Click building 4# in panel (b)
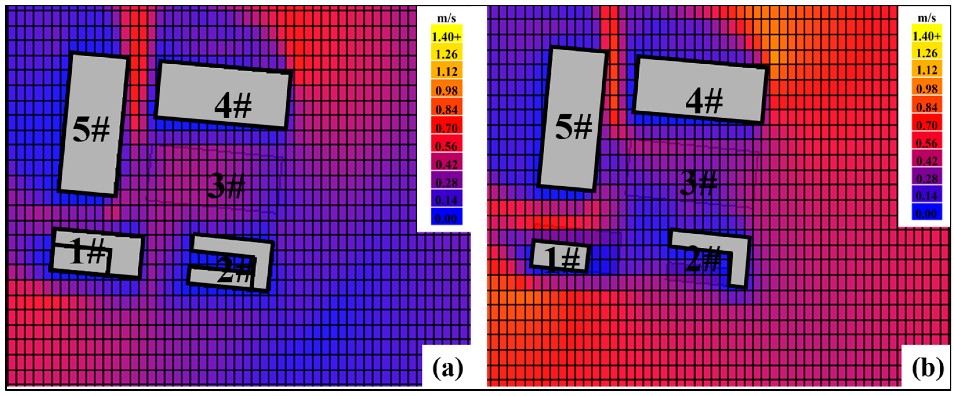(x=700, y=91)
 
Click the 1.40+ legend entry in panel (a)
(x=447, y=36)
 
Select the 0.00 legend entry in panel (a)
(x=447, y=218)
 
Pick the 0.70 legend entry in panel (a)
(x=447, y=128)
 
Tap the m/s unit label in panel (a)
(x=447, y=18)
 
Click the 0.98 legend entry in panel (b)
(x=926, y=88)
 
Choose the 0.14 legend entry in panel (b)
(x=926, y=196)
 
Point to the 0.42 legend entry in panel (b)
(x=926, y=160)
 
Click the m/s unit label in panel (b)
(x=926, y=17)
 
